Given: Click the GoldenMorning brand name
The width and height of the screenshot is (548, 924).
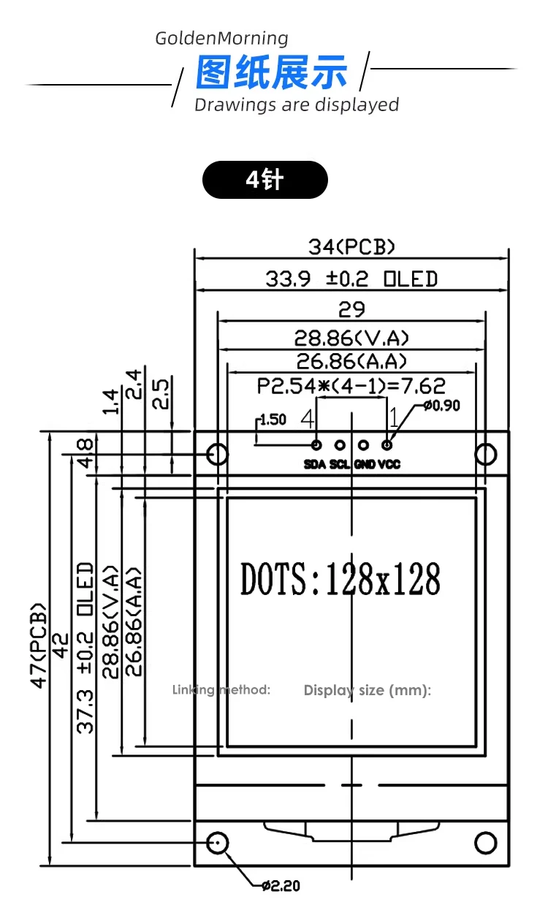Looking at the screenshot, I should click(x=221, y=39).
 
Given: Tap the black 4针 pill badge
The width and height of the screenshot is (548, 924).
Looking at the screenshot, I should click(x=265, y=180).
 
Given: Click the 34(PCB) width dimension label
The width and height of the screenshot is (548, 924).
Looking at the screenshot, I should click(x=351, y=247).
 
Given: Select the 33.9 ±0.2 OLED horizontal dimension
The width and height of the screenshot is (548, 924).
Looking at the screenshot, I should click(x=351, y=279).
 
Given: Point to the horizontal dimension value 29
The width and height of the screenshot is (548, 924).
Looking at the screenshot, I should click(x=351, y=310).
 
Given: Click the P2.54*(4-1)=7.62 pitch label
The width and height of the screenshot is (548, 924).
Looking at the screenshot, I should click(x=351, y=385).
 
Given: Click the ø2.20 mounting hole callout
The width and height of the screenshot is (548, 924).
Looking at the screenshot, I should click(x=281, y=886).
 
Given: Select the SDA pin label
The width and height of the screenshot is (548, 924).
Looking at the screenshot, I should click(x=315, y=464).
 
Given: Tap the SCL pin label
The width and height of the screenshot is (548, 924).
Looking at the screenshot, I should click(x=340, y=464).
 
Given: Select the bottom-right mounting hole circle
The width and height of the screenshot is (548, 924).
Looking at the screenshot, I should click(x=486, y=842).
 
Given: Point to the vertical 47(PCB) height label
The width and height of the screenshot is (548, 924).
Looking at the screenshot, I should click(x=39, y=645).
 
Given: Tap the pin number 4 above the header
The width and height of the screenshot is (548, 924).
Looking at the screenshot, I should click(x=308, y=419).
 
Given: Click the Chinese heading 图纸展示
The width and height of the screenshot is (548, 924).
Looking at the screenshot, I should click(x=272, y=73).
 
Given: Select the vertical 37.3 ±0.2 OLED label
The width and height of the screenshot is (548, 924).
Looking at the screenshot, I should click(x=86, y=648).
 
